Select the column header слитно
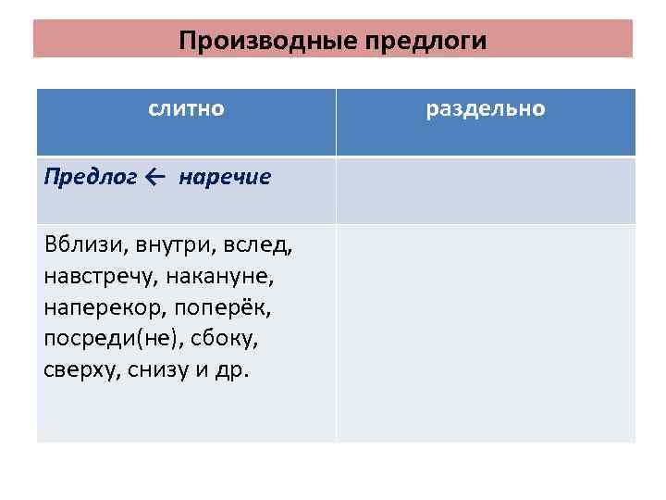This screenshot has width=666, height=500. click(186, 108)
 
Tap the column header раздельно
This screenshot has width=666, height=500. click(486, 108)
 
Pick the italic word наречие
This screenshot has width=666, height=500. click(225, 177)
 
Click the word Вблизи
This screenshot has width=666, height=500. click(86, 246)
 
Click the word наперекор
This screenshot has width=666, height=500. click(98, 308)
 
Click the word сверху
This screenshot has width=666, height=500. click(79, 370)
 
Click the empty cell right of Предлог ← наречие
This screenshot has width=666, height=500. click(486, 190)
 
